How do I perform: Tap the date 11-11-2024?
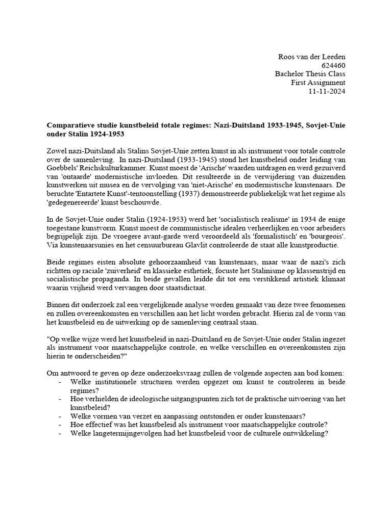coord(327,91)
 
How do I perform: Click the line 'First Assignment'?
coord(318,83)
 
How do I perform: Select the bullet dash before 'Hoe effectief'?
coord(61,425)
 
